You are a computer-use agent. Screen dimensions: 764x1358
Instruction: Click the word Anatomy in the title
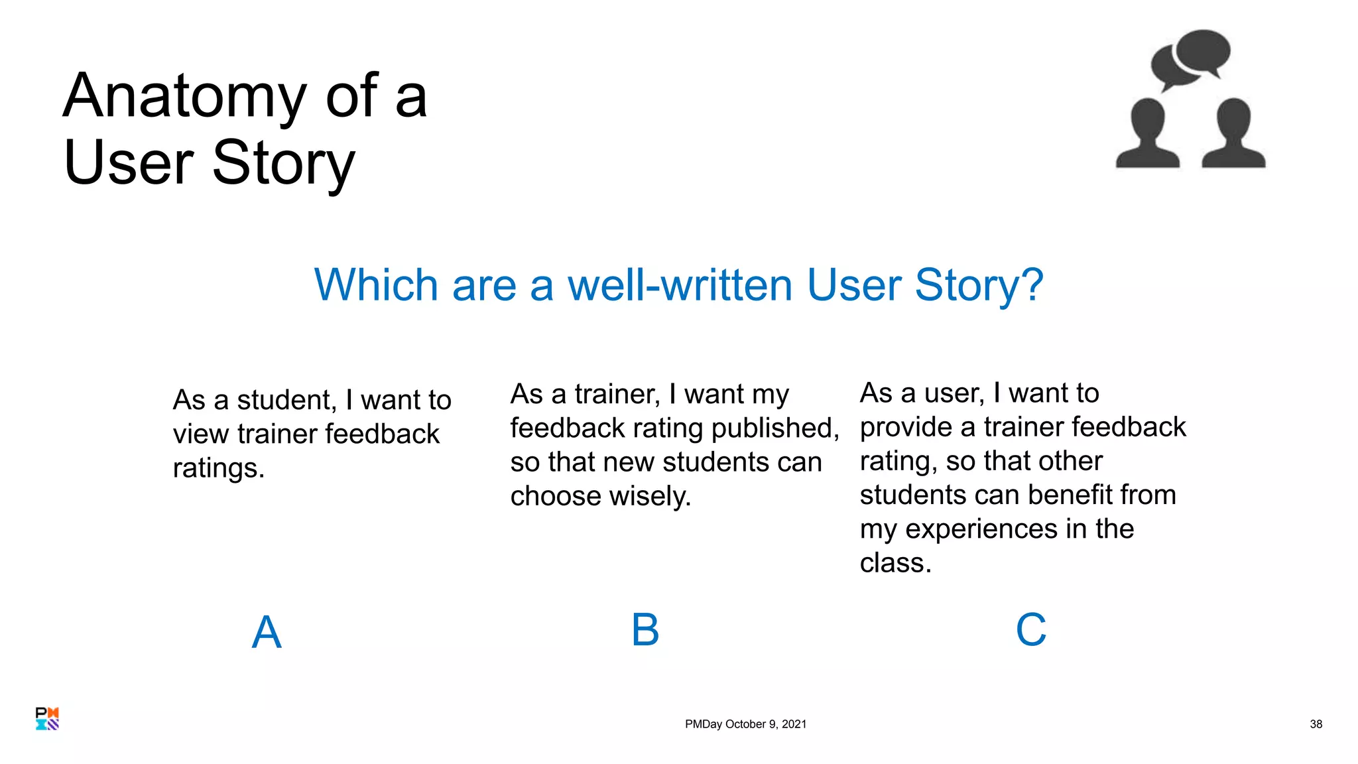184,97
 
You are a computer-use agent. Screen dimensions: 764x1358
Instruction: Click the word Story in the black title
283,163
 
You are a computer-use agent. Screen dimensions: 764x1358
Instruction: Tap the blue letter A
267,632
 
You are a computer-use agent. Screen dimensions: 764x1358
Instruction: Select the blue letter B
645,629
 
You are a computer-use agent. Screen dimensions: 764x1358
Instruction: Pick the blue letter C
1031,629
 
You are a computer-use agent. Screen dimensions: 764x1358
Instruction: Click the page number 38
1316,724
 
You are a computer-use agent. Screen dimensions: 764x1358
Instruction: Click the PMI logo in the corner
47,719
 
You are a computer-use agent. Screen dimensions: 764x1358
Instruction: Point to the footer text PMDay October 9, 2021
745,724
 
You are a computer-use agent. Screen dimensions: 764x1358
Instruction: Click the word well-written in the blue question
680,285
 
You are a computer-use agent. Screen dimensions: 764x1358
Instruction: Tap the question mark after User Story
1031,285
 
